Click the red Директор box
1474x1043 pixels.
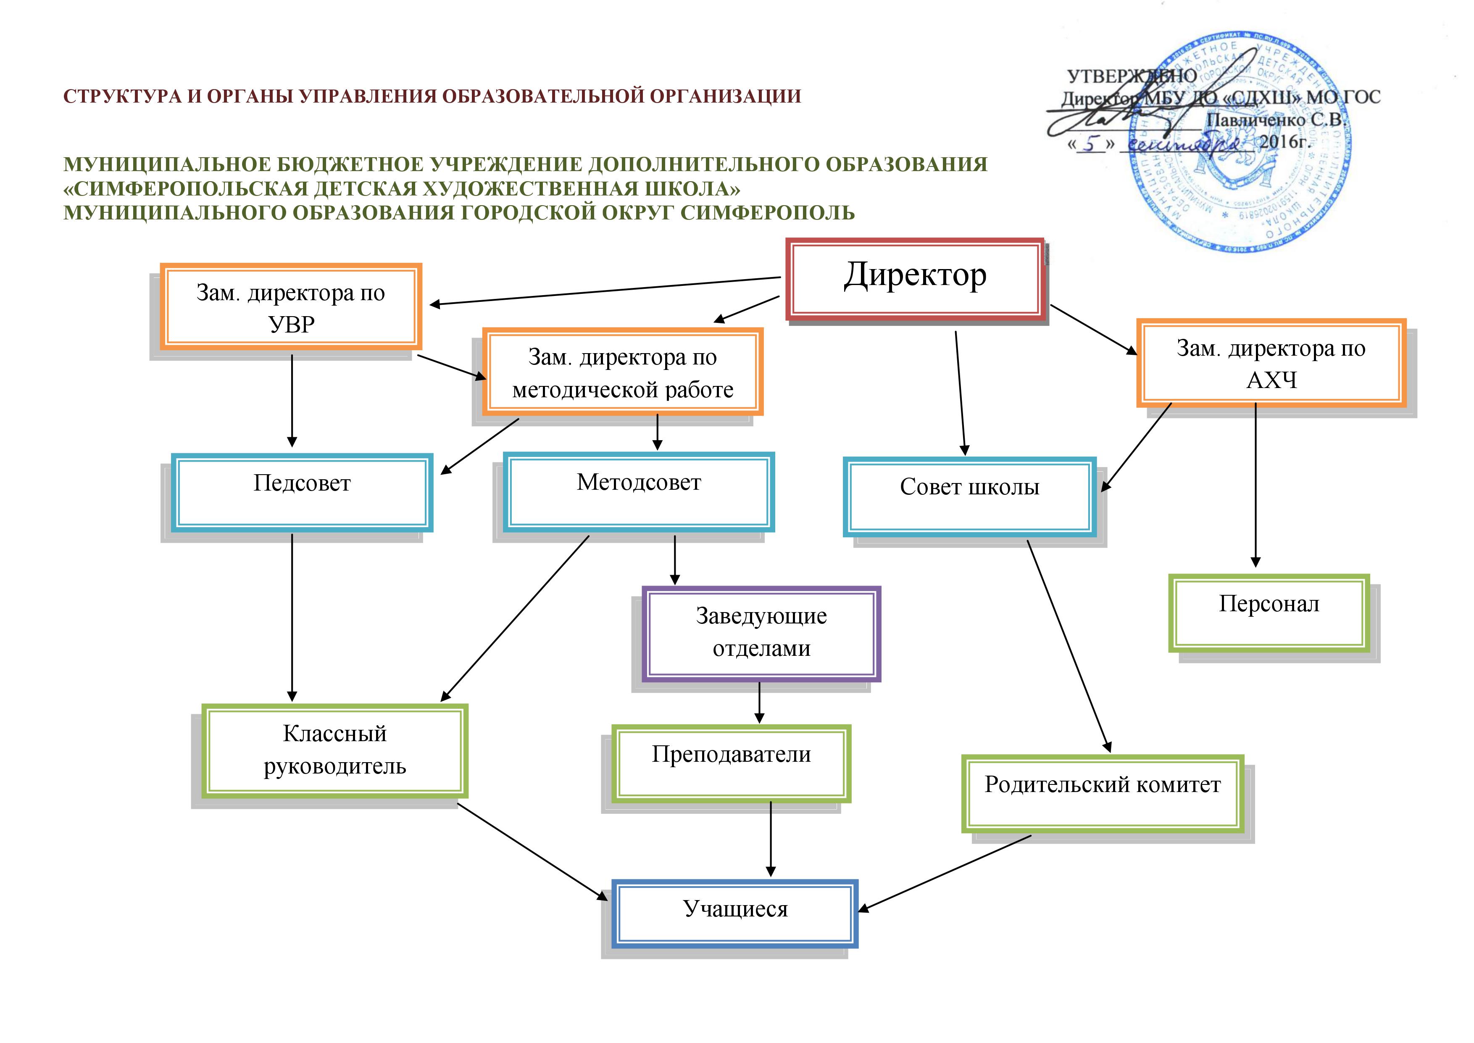coord(914,280)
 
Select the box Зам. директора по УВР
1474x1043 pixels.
coord(291,307)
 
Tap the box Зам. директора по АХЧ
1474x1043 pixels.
coord(1271,364)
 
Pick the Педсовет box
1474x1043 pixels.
coord(302,492)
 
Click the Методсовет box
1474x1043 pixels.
coord(638,492)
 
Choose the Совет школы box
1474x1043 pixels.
coord(969,496)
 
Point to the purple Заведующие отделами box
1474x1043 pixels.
coord(761,633)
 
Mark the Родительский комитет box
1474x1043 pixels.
coord(1102,793)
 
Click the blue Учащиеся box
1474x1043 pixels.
coord(735,913)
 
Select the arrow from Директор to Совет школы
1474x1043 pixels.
coord(961,392)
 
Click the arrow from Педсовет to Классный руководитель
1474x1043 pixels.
coord(292,617)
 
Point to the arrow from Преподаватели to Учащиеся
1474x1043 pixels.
coord(770,838)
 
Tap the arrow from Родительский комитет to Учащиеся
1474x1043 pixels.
coord(944,874)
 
